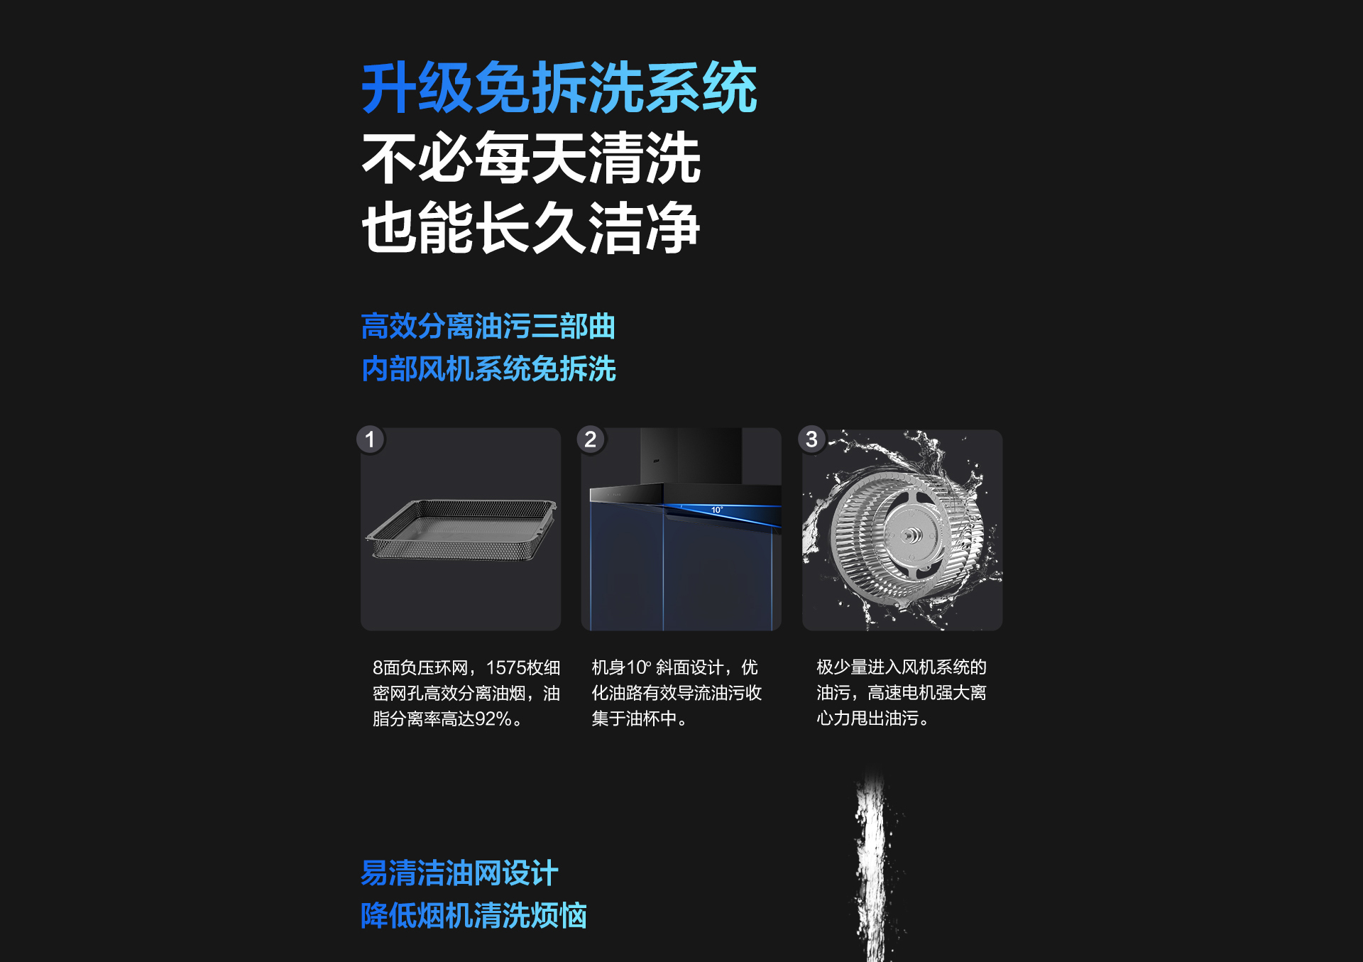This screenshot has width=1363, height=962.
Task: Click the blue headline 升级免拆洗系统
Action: point(559,87)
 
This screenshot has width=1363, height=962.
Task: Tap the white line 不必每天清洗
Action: point(531,158)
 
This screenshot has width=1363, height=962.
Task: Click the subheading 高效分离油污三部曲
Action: point(488,327)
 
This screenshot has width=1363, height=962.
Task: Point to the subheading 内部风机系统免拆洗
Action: point(488,369)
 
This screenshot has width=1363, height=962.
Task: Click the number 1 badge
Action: point(370,439)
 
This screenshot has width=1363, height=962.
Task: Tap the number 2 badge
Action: point(591,439)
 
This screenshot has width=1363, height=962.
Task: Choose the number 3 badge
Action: point(811,439)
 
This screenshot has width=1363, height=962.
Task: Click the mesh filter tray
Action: point(461,530)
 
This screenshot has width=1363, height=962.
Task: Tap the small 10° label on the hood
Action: point(717,510)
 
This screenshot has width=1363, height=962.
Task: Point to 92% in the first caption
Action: point(493,719)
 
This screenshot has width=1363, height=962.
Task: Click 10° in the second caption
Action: point(639,668)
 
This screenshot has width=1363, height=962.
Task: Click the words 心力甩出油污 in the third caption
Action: point(867,718)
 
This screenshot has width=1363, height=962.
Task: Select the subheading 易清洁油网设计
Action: point(460,873)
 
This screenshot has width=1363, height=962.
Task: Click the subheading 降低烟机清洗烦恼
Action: point(474,916)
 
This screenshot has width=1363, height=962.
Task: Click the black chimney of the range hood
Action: point(691,456)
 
